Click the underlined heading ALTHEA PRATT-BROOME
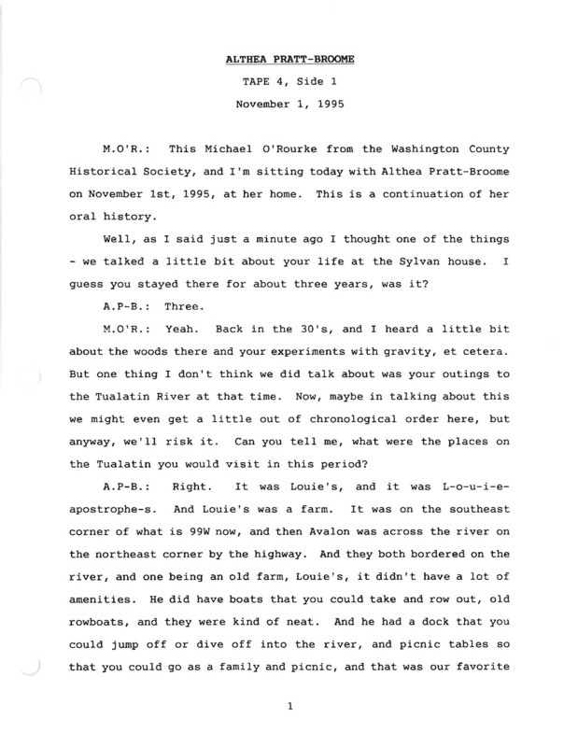(x=289, y=61)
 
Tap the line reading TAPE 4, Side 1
(x=289, y=83)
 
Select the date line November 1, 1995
(x=289, y=105)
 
